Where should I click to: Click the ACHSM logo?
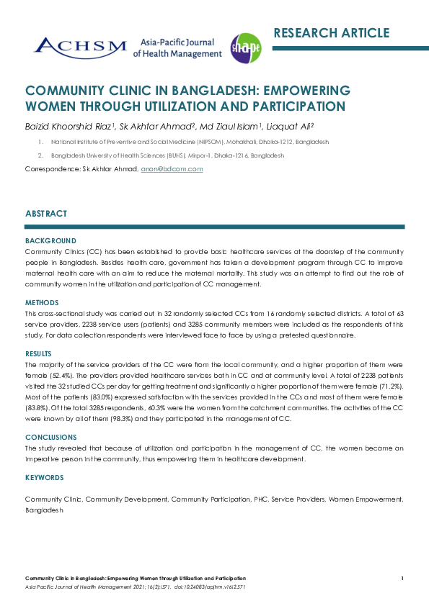click(x=79, y=47)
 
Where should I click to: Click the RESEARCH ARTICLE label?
click(x=331, y=33)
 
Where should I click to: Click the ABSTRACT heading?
click(x=46, y=214)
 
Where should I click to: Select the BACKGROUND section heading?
click(x=50, y=240)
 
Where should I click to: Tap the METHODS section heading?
click(x=42, y=303)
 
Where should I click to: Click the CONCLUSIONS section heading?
click(x=50, y=438)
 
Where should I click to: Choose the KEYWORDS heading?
click(x=44, y=477)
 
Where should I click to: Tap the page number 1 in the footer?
click(x=402, y=579)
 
